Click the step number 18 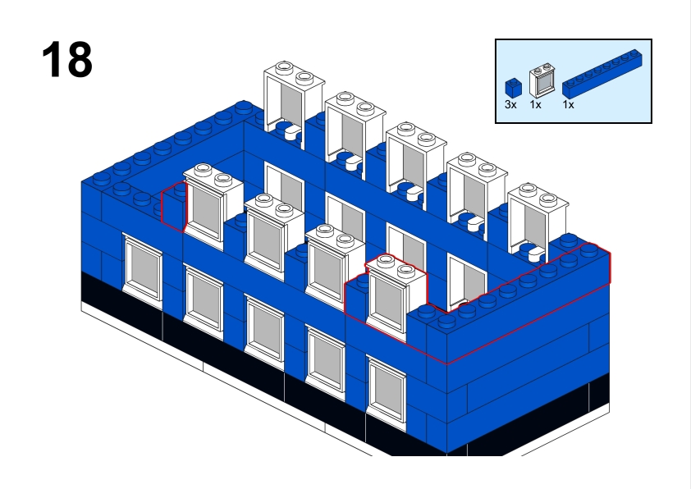(x=66, y=60)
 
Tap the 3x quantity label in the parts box (x=510, y=105)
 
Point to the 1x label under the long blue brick (x=568, y=105)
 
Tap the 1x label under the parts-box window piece (x=535, y=105)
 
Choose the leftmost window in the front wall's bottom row (x=142, y=267)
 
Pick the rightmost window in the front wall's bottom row (x=387, y=393)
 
